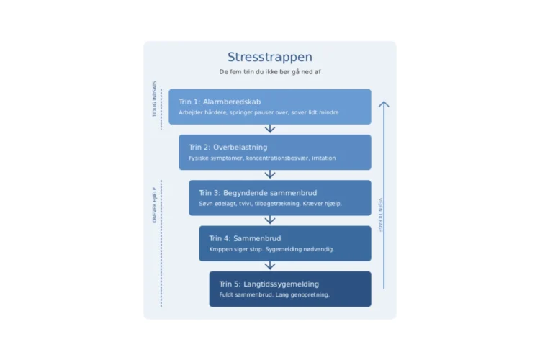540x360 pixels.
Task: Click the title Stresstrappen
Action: (x=269, y=58)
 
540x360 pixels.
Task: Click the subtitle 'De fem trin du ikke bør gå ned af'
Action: (x=269, y=72)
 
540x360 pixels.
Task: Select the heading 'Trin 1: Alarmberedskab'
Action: (x=220, y=102)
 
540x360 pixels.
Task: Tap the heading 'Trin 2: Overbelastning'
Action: (x=228, y=148)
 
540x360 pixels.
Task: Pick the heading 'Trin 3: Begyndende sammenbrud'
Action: (x=258, y=193)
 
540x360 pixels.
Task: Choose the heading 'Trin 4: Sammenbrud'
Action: (x=245, y=238)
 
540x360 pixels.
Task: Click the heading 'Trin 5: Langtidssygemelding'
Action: (x=269, y=284)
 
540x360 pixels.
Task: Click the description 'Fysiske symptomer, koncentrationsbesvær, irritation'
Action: (x=262, y=158)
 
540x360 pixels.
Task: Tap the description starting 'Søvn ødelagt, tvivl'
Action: (x=270, y=204)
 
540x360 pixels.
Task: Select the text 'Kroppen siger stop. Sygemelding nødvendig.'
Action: (x=271, y=249)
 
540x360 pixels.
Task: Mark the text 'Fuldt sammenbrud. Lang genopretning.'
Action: (x=274, y=294)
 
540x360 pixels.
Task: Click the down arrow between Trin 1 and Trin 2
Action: (x=270, y=129)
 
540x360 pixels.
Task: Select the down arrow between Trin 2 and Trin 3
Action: (x=270, y=174)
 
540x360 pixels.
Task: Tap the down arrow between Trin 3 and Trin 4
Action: (x=270, y=220)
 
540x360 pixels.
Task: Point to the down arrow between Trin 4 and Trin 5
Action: (x=270, y=266)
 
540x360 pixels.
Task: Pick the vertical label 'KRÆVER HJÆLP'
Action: (x=153, y=205)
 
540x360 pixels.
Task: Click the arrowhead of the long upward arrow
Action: (x=384, y=104)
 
